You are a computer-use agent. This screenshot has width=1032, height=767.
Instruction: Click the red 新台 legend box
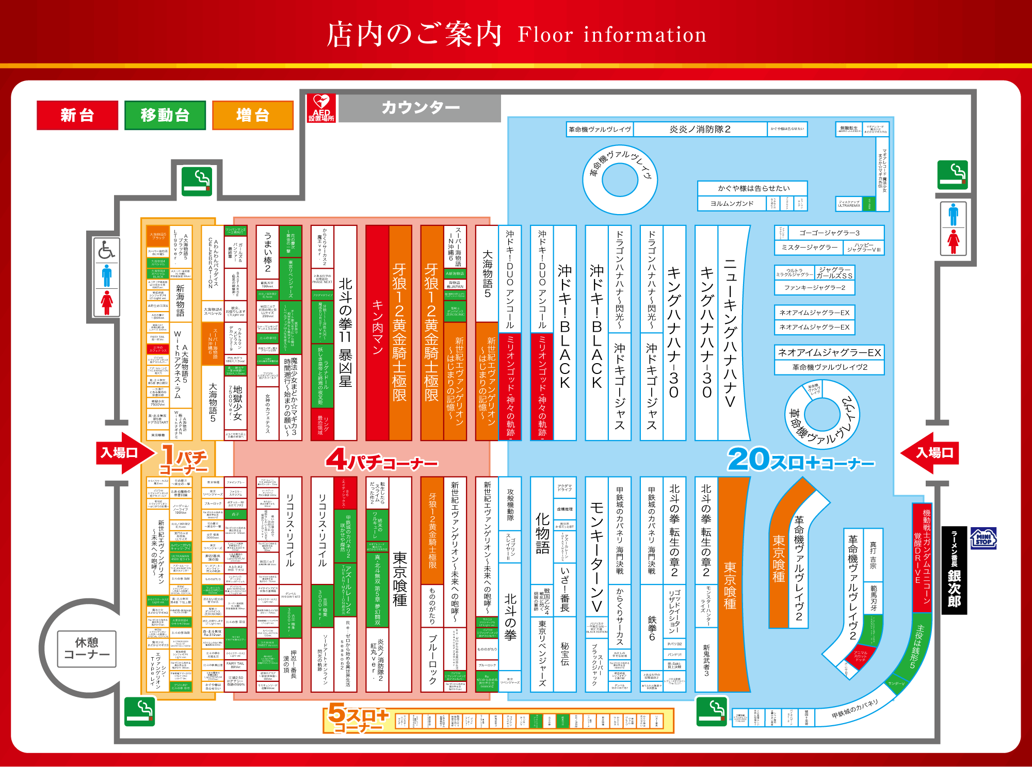[x=77, y=115]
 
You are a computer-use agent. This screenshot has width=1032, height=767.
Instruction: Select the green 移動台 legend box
[x=165, y=115]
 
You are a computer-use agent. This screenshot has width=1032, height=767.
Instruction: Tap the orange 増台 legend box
[x=252, y=115]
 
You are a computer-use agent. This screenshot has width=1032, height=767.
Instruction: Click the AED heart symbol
[x=321, y=102]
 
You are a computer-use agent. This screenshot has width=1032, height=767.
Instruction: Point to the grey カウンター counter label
[x=420, y=108]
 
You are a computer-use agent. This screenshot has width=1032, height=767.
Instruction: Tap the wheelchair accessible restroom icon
[x=106, y=251]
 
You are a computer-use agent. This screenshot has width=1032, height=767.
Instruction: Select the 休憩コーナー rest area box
[x=87, y=648]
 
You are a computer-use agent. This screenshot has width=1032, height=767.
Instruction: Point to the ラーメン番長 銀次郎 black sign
[x=954, y=570]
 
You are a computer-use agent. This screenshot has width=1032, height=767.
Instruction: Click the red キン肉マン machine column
[x=377, y=333]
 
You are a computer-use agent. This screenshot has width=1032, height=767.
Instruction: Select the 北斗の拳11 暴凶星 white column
[x=345, y=333]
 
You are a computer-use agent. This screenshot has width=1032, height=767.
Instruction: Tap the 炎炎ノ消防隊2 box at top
[x=700, y=129]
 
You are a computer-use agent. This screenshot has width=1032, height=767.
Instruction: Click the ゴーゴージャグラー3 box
[x=829, y=233]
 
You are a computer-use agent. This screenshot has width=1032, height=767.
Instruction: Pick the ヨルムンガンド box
[x=732, y=204]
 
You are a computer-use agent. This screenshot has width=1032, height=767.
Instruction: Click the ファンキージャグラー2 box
[x=814, y=287]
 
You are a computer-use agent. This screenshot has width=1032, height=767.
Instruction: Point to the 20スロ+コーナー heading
[x=801, y=460]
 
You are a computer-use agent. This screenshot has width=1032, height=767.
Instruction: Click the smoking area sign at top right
[x=953, y=175]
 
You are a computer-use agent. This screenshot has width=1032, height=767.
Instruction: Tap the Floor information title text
[x=612, y=35]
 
